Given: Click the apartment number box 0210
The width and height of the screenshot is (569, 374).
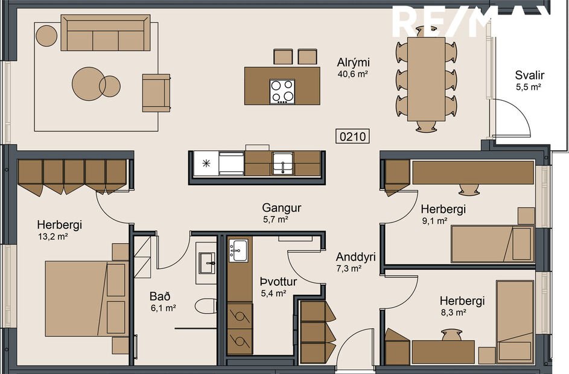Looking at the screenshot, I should pyautogui.click(x=353, y=137).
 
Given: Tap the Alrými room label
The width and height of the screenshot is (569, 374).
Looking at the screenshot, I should pyautogui.click(x=353, y=63).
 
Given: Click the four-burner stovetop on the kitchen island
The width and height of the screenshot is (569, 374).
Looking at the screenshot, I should pyautogui.click(x=282, y=91).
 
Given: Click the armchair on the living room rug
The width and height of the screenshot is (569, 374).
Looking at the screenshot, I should pyautogui.click(x=156, y=92).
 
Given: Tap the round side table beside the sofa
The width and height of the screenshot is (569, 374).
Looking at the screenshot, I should pyautogui.click(x=46, y=36).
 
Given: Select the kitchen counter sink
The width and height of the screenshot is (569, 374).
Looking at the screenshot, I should pyautogui.click(x=282, y=163).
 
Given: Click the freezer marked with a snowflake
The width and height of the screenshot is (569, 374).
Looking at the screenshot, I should pyautogui.click(x=206, y=163).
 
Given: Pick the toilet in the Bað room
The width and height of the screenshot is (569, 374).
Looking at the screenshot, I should pyautogui.click(x=207, y=306).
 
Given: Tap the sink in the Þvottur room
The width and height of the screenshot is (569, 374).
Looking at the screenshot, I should pyautogui.click(x=240, y=249).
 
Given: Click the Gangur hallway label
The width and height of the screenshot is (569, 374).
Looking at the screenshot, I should pyautogui.click(x=282, y=208).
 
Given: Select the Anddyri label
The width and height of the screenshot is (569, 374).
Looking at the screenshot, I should pyautogui.click(x=356, y=256).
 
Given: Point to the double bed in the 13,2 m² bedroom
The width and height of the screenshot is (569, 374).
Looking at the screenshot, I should pyautogui.click(x=77, y=298).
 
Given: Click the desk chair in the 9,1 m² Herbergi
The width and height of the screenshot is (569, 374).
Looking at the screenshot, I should pyautogui.click(x=468, y=189).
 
